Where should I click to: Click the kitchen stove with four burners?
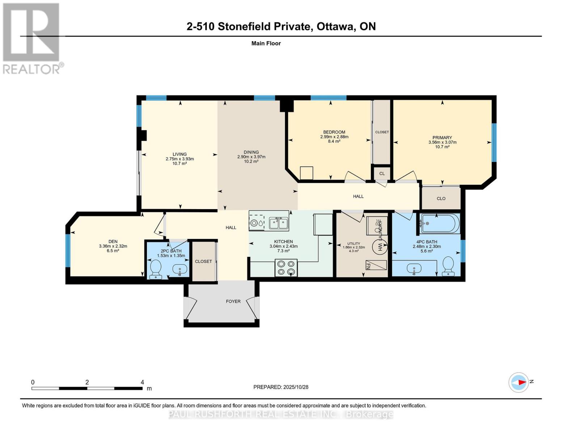coord(286,268)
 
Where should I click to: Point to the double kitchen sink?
coord(278,223)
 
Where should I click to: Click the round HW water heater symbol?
coord(380,247)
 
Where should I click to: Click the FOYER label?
coord(233,301)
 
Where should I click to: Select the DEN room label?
coord(113,242)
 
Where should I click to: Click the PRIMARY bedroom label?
coord(442,137)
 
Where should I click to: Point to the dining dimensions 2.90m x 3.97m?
coord(251,157)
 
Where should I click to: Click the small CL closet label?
coord(382,174)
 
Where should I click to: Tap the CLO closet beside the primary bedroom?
coord(441,199)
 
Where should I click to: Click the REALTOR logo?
coord(32,38)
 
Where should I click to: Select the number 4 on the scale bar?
coord(142,382)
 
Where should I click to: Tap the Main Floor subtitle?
coord(266,43)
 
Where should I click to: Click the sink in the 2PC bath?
coord(180,269)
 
